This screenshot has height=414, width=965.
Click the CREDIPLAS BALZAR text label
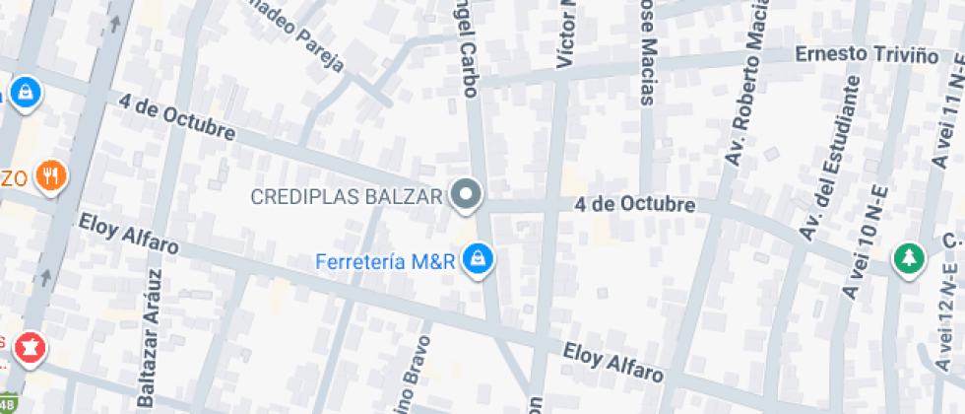[x=347, y=196]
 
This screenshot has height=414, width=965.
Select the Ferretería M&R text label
[x=386, y=261]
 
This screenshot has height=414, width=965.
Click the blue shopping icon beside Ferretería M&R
[x=479, y=259]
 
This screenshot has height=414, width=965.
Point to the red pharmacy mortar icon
[x=30, y=347]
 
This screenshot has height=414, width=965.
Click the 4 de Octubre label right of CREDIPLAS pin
[x=636, y=205]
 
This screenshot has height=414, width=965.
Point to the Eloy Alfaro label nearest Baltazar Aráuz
[x=128, y=234]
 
